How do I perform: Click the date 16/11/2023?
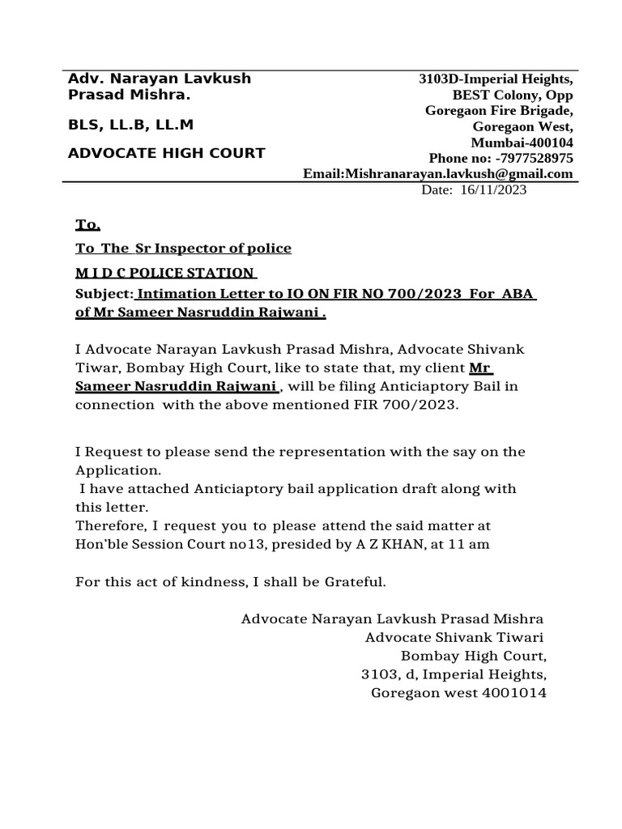pyautogui.click(x=493, y=189)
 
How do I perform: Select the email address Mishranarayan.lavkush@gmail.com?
pyautogui.click(x=459, y=173)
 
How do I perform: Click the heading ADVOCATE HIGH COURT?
pyautogui.click(x=166, y=153)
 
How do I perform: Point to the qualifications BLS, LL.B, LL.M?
pyautogui.click(x=130, y=125)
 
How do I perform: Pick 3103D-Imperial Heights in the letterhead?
pyautogui.click(x=496, y=79)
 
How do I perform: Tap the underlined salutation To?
pyautogui.click(x=87, y=224)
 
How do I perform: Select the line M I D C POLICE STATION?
pyautogui.click(x=165, y=272)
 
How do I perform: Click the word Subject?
pyautogui.click(x=104, y=293)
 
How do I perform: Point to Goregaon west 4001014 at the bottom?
pyautogui.click(x=458, y=692)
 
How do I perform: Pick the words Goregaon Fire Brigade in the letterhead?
pyautogui.click(x=500, y=111)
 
